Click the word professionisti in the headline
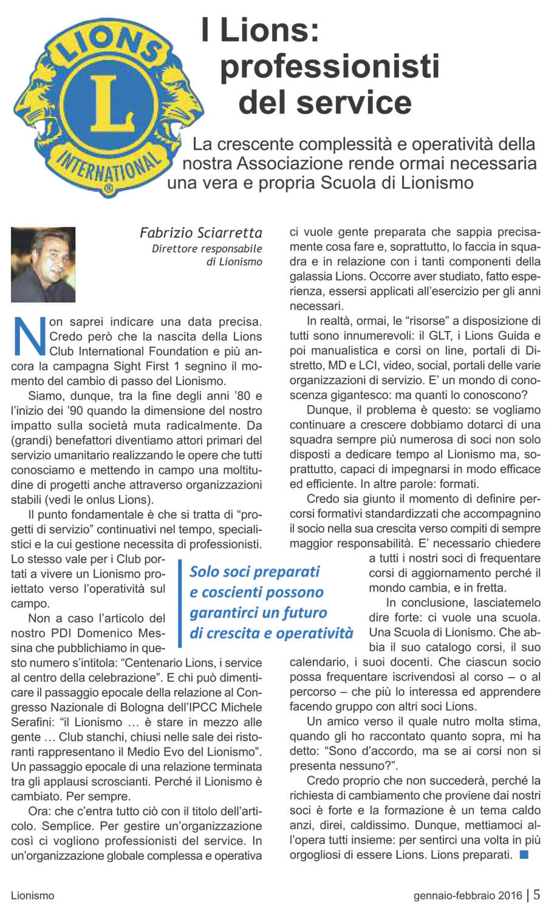click(329, 66)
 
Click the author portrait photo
click(43, 264)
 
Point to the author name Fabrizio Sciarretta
click(201, 233)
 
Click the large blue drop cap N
click(29, 336)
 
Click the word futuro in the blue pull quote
click(297, 612)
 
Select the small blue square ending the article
click(524, 855)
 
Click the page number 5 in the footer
click(536, 895)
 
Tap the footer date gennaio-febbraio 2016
click(468, 895)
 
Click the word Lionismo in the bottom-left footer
click(32, 895)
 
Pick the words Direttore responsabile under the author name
click(207, 248)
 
